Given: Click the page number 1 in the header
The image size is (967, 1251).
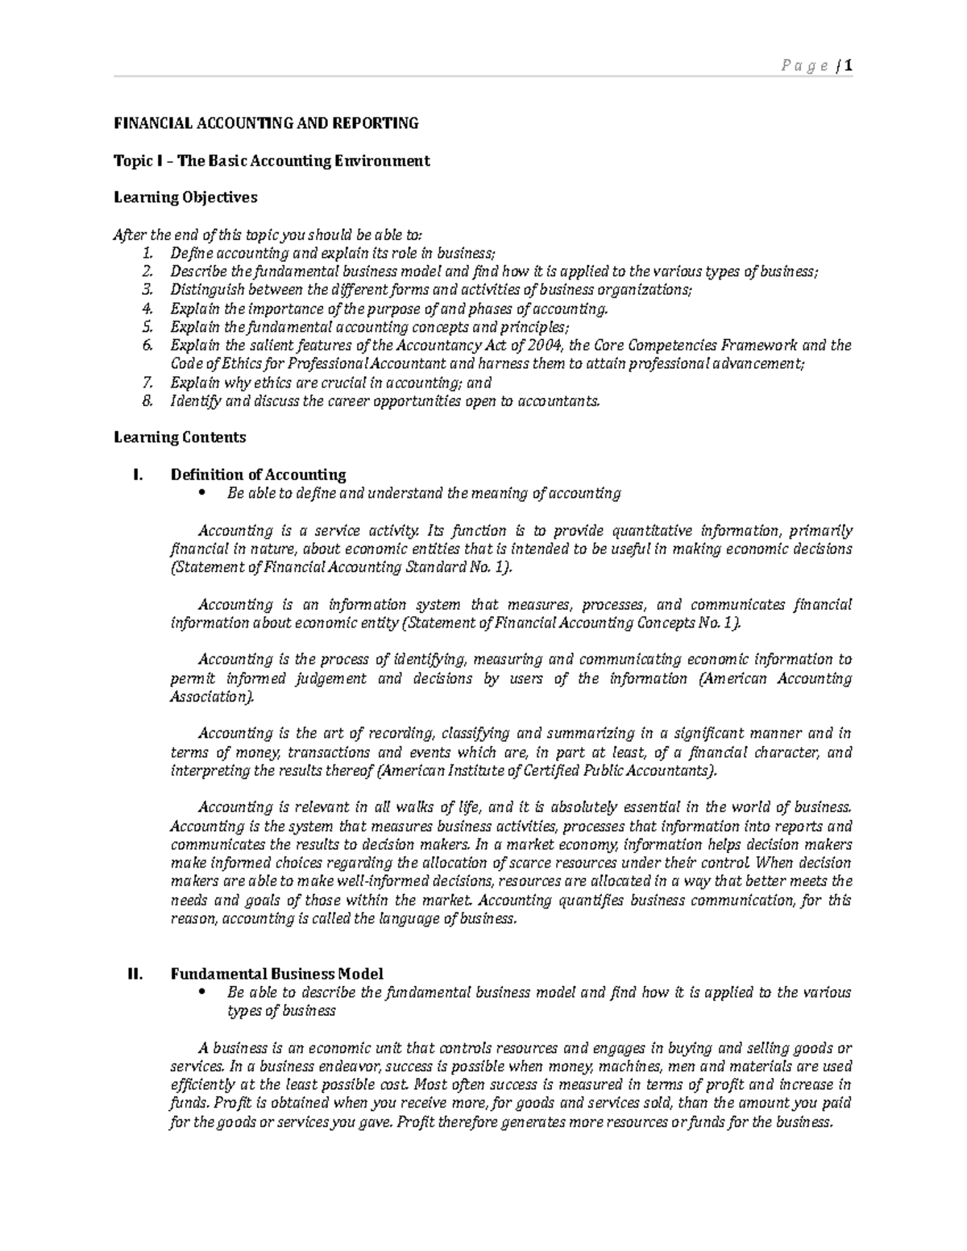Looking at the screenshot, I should click(x=848, y=66).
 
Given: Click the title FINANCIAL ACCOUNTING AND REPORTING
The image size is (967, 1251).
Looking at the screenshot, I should click(x=266, y=123).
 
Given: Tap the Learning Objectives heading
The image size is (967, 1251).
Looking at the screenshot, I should click(x=185, y=197).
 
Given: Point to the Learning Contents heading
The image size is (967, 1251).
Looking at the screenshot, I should click(x=180, y=437).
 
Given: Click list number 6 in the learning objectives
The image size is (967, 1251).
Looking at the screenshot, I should click(x=147, y=346).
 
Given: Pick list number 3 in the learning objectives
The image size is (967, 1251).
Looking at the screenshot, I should click(x=147, y=290).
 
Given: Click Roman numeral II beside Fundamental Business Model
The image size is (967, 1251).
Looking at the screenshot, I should click(x=135, y=974).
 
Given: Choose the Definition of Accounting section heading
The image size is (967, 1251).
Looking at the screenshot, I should click(x=258, y=474).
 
